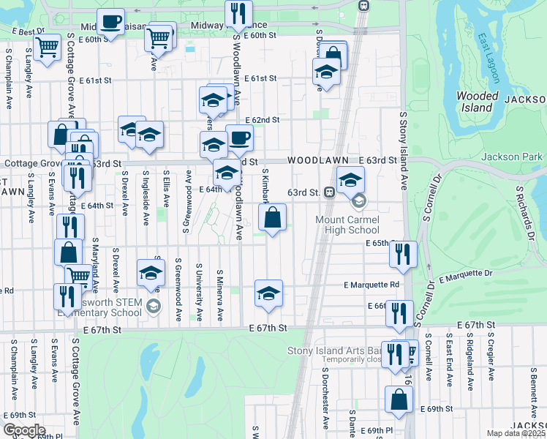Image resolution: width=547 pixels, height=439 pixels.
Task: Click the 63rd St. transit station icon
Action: coord(330,192)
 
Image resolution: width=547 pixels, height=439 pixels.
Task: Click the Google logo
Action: coord(24,430)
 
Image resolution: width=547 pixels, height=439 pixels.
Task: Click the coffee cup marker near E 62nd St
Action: coord(239,137)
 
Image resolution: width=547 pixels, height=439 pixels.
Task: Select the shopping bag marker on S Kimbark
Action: coord(271,217)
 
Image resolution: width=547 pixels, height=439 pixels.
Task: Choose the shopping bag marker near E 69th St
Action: coord(399,399)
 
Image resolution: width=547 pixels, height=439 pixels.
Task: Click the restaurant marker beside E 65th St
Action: coord(403,254)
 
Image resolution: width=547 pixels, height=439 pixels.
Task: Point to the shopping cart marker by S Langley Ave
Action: coord(47,48)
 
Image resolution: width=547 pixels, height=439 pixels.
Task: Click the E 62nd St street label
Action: coord(263,119)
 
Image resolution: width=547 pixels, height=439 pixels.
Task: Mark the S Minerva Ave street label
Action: coord(219,296)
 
